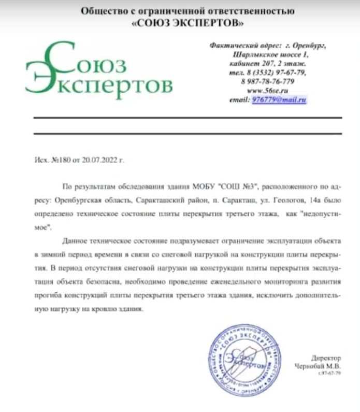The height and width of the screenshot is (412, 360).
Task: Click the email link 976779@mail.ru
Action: coord(280,99)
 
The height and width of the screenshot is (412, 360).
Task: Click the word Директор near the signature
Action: coord(326,358)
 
